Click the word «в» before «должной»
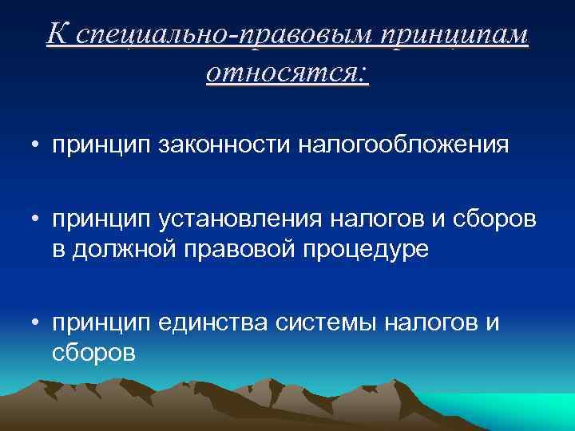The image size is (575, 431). (61, 250)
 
